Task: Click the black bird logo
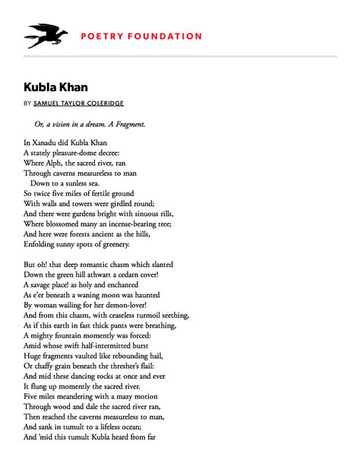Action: tap(46, 35)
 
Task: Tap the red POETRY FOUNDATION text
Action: tap(141, 36)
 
